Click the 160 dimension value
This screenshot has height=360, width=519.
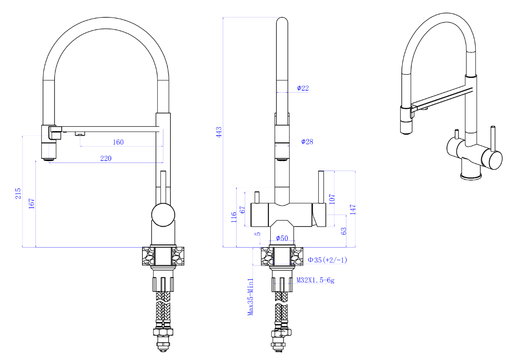tap(118, 142)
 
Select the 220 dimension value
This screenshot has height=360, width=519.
tap(106, 159)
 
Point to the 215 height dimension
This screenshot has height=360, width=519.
tap(18, 194)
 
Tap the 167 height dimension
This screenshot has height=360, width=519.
tap(31, 204)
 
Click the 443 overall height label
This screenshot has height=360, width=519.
tap(219, 132)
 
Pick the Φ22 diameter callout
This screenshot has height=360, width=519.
tap(303, 88)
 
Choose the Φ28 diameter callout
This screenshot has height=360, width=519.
tap(307, 142)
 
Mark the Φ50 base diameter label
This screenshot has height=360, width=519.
tap(282, 238)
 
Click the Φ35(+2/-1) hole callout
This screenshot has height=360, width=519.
tap(327, 260)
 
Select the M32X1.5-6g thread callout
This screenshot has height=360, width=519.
tap(316, 280)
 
